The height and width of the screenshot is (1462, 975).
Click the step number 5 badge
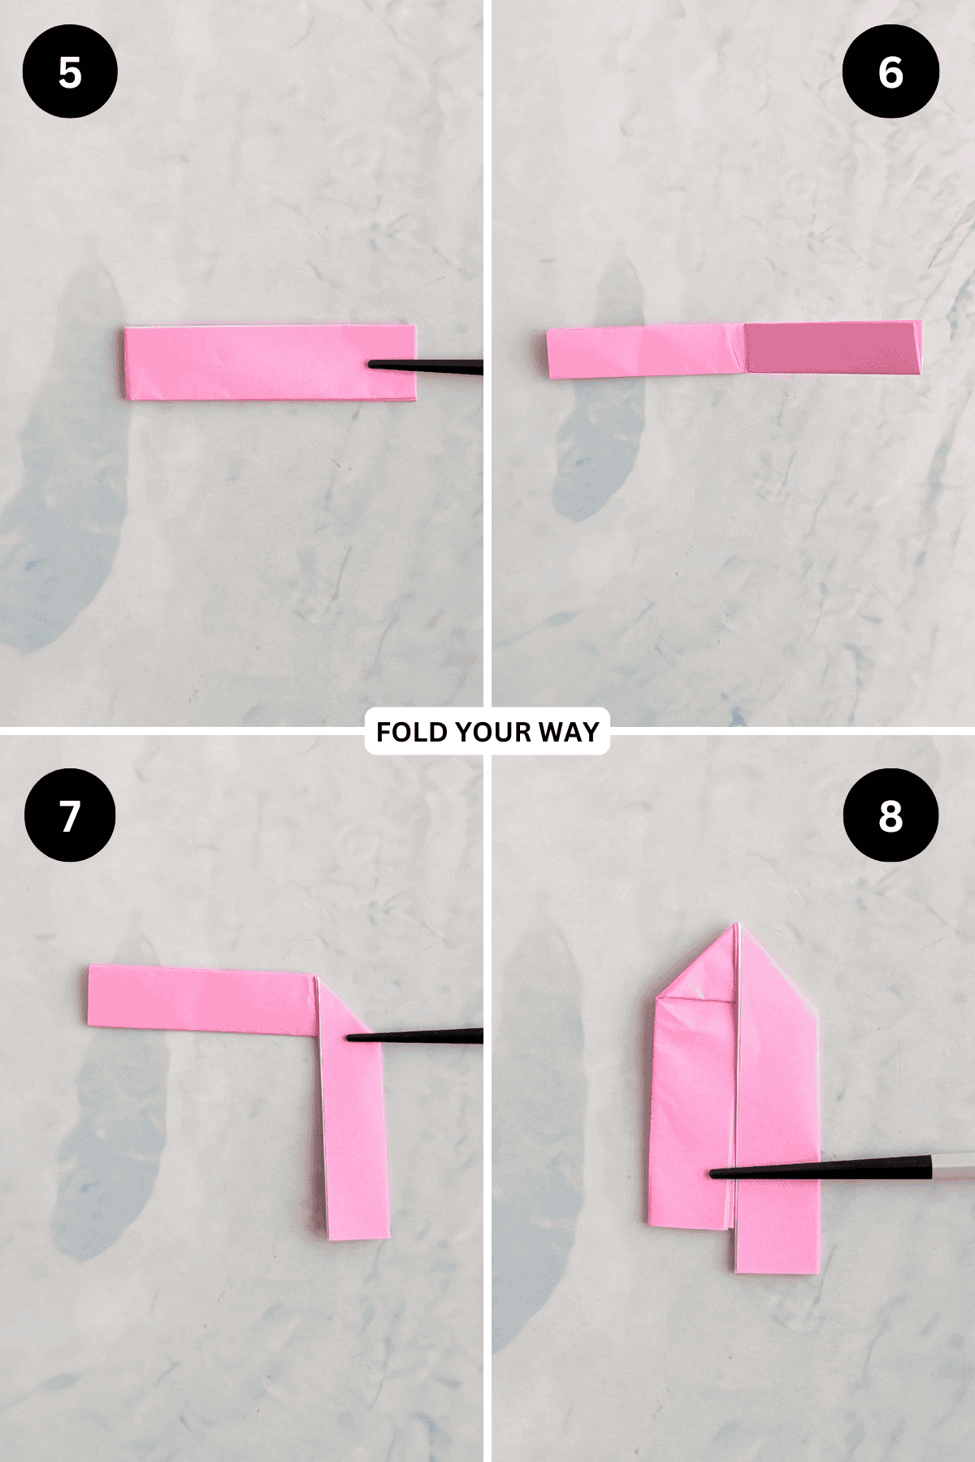(x=70, y=71)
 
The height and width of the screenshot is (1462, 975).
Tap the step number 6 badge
(x=890, y=71)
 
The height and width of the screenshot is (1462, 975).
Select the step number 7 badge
(x=70, y=815)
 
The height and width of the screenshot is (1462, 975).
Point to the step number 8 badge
(x=890, y=815)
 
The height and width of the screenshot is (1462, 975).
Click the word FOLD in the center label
(x=413, y=732)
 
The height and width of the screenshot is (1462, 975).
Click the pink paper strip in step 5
(x=270, y=362)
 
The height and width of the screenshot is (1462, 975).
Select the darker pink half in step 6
(x=834, y=348)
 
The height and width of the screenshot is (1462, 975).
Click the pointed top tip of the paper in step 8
(x=738, y=924)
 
